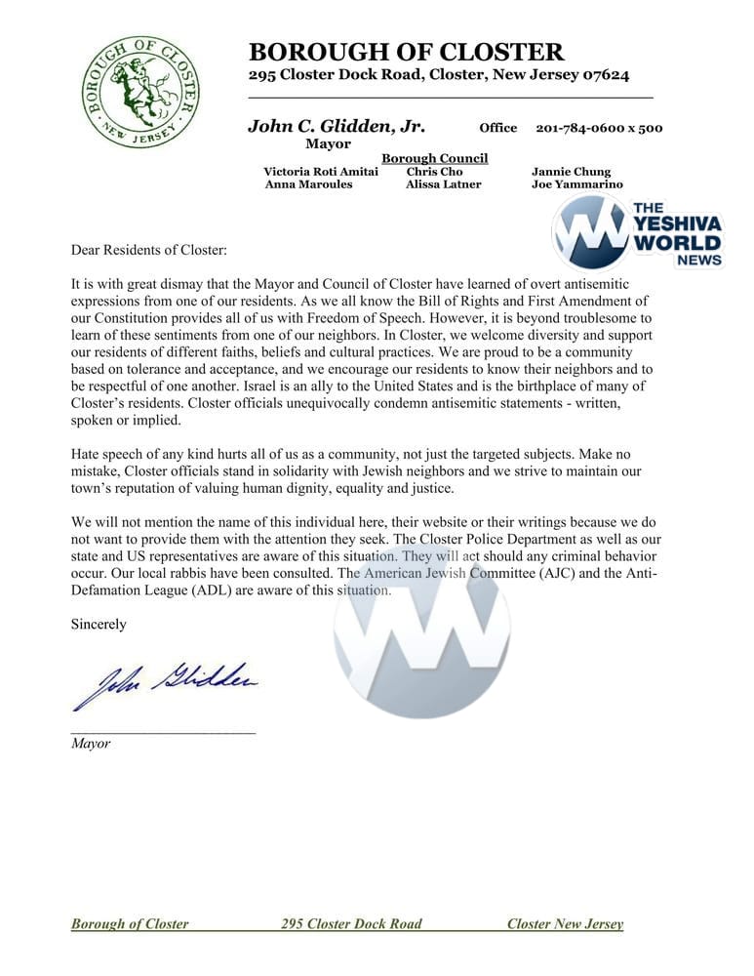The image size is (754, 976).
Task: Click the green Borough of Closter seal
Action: [140, 92]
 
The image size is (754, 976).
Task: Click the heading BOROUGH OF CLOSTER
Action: [406, 52]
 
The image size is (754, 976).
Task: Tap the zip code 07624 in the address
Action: [602, 75]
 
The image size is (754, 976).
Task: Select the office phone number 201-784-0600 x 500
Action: [599, 128]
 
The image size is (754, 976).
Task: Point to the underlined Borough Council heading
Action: [434, 158]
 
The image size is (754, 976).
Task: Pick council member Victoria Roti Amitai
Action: [321, 172]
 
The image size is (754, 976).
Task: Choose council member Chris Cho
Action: [434, 172]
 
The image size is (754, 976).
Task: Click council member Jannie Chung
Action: [571, 172]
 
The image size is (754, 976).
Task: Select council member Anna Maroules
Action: [308, 184]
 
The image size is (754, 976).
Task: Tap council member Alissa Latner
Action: [443, 184]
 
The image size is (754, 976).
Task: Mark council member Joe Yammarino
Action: [576, 184]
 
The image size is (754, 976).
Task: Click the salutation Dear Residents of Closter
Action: [148, 251]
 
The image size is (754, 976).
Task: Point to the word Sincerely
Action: [99, 624]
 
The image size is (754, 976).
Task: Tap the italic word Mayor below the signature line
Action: [91, 744]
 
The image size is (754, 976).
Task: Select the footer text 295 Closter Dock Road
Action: [351, 924]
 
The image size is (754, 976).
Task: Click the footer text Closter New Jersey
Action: [565, 924]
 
